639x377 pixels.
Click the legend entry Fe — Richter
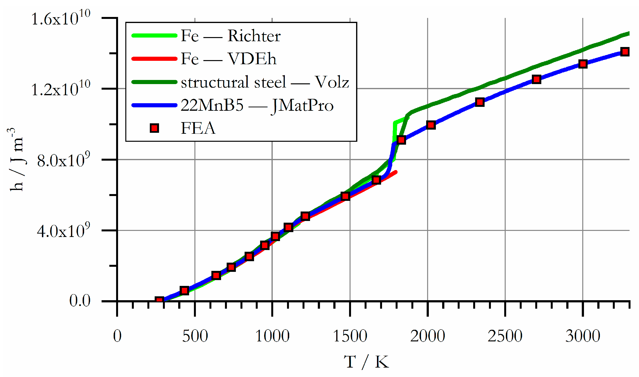click(x=230, y=36)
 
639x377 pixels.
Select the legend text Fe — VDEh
click(x=228, y=59)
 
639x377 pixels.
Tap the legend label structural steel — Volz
click(x=264, y=82)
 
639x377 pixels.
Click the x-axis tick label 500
click(x=195, y=336)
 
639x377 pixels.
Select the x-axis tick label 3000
click(x=583, y=336)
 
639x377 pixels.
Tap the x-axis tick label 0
click(x=117, y=336)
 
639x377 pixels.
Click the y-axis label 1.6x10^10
click(x=61, y=19)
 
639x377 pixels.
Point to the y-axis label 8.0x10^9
click(x=64, y=161)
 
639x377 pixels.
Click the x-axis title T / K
click(x=366, y=362)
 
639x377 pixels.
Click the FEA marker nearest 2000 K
click(x=431, y=125)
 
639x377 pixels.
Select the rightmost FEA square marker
click(x=625, y=52)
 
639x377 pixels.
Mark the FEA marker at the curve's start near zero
click(x=159, y=300)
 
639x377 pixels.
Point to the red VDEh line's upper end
click(x=396, y=172)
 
